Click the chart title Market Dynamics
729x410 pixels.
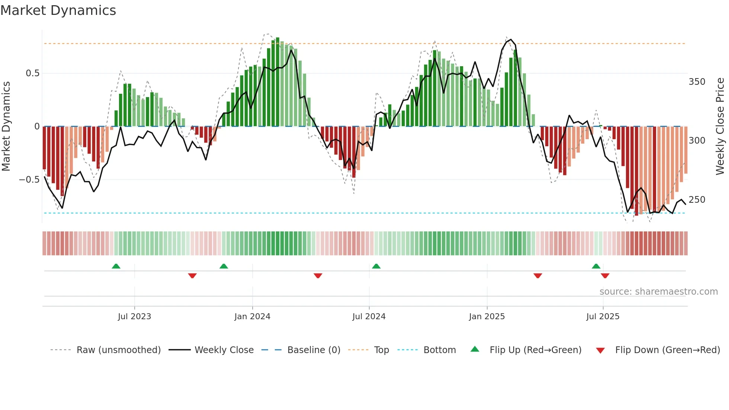[58, 10]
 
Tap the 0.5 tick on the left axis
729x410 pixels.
[32, 73]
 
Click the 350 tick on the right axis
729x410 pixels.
[697, 82]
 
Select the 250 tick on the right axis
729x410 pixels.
[697, 200]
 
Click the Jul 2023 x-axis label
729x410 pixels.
[134, 317]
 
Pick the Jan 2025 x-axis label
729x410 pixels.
[486, 317]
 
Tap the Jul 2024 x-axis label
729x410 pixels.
[369, 317]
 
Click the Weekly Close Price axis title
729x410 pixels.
[720, 126]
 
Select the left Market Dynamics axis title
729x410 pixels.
[6, 126]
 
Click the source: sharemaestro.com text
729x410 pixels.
[658, 292]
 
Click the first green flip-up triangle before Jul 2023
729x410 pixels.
[116, 266]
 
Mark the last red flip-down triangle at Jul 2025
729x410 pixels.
[605, 276]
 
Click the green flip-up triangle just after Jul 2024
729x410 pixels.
[376, 266]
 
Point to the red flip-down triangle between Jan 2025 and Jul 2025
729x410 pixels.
[537, 276]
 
